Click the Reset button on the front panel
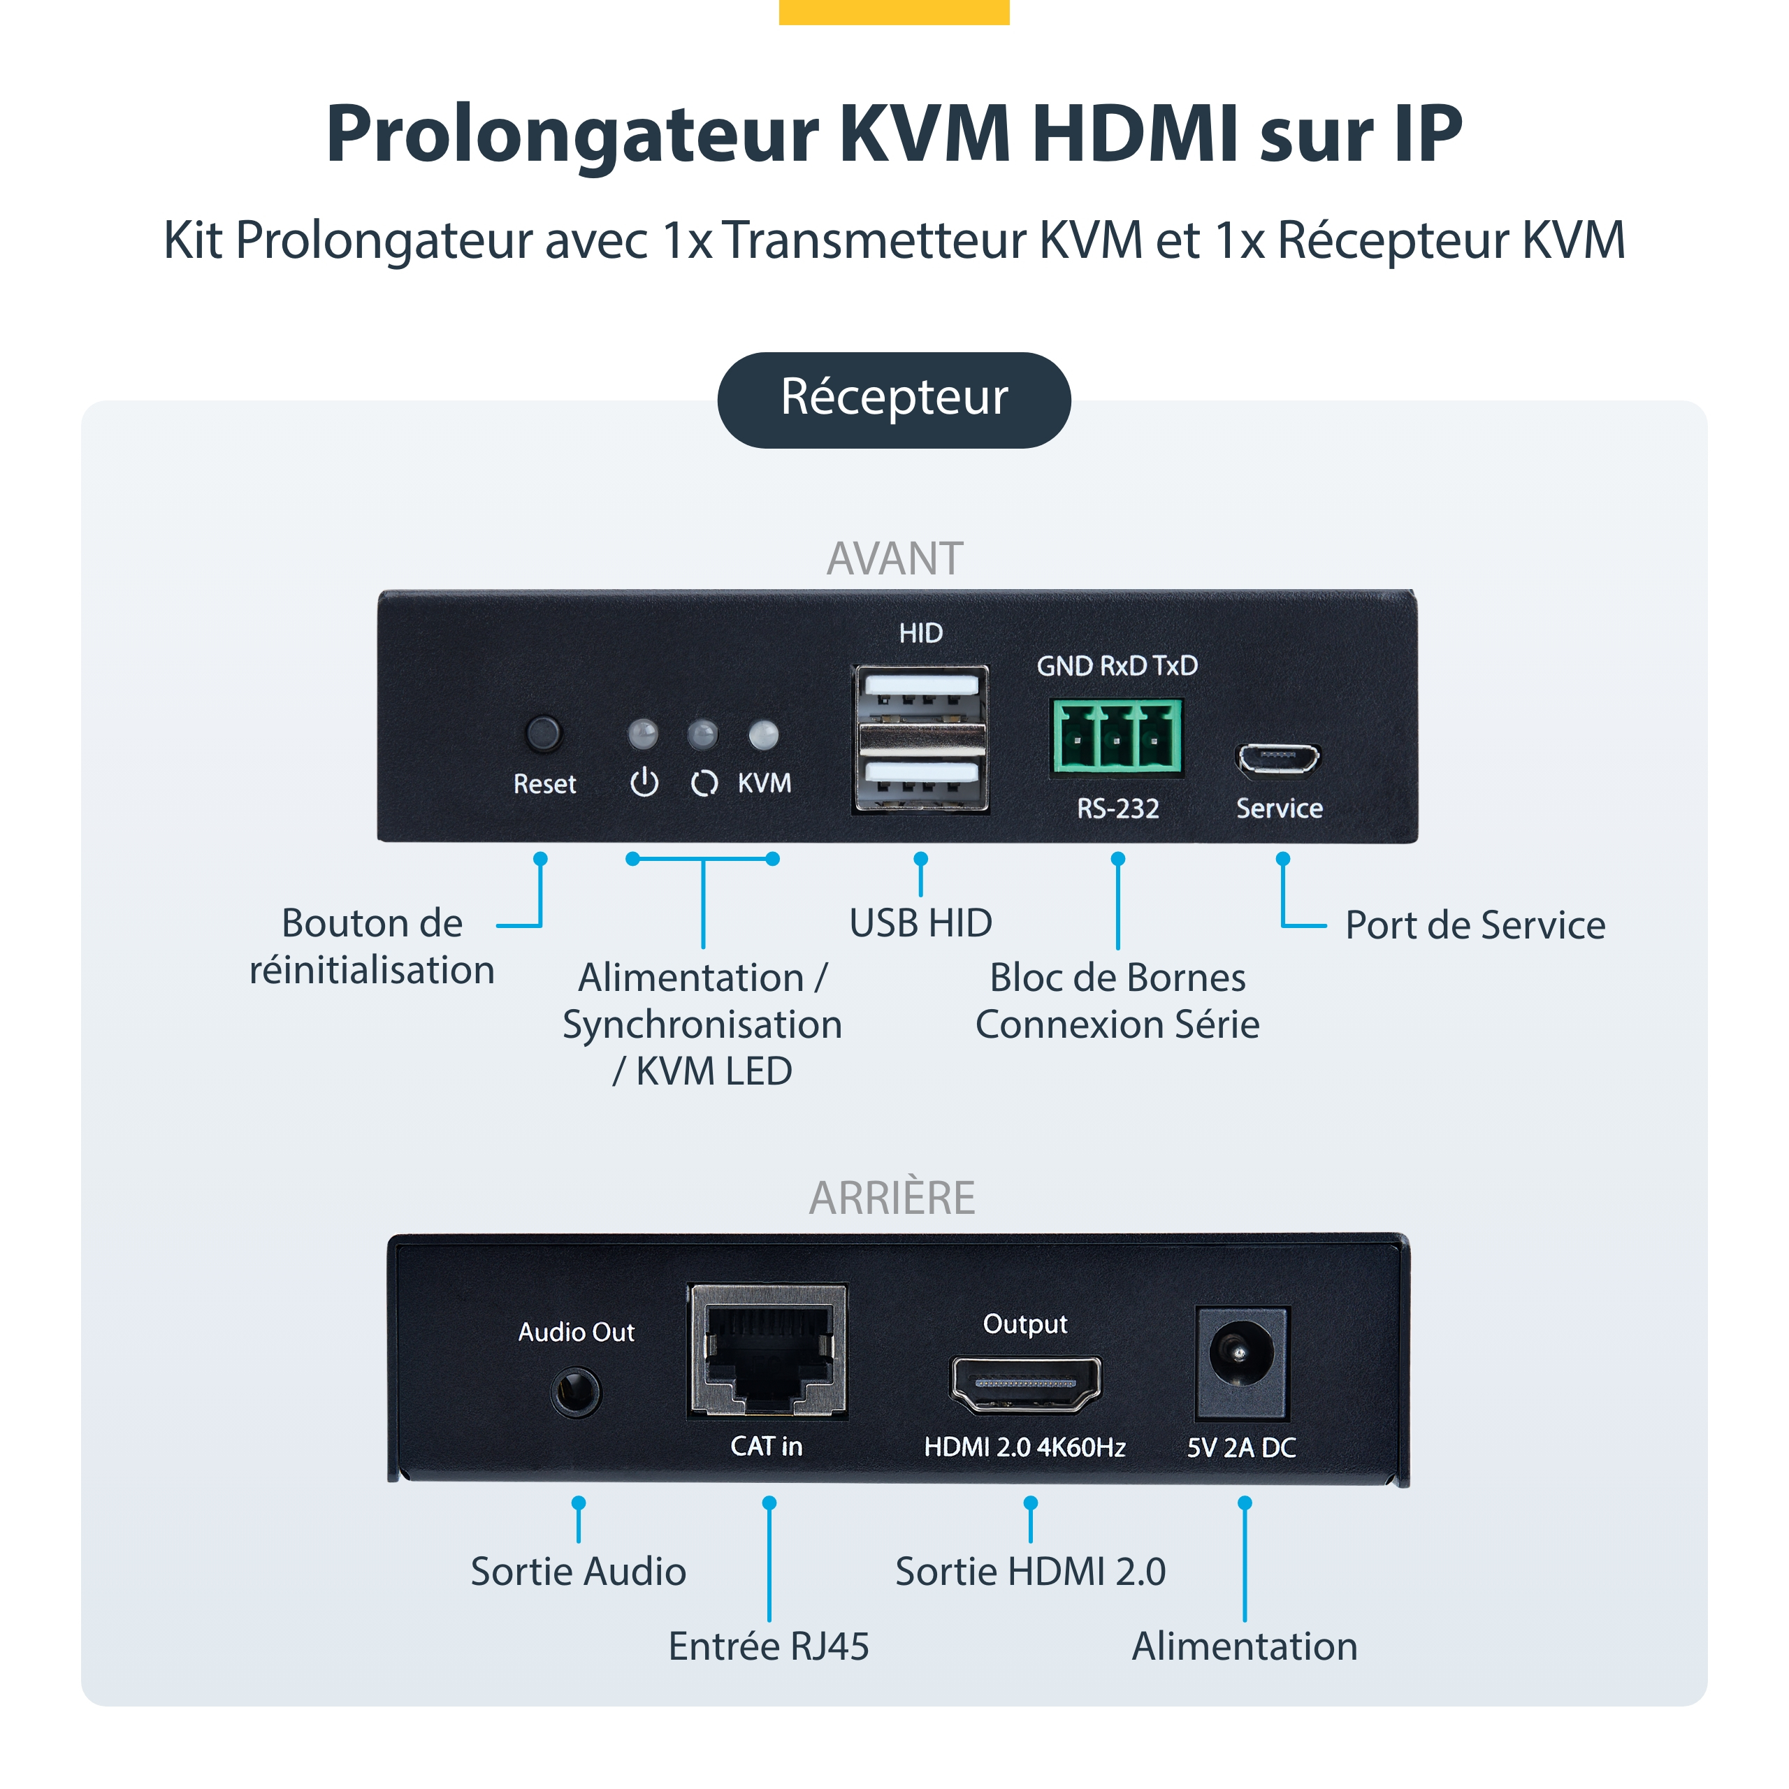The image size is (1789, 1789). (x=544, y=733)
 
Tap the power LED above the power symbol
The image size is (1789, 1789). (x=644, y=735)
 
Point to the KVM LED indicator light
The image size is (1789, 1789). (x=764, y=735)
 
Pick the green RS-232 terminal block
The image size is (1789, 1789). (x=1117, y=736)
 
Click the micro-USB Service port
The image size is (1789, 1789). (x=1278, y=760)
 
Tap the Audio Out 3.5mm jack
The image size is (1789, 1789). (x=576, y=1392)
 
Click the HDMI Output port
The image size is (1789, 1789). (x=1025, y=1384)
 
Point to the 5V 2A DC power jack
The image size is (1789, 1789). (x=1241, y=1362)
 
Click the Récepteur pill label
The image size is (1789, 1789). (x=894, y=399)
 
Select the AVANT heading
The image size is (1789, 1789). (x=894, y=558)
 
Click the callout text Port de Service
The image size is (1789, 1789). (x=1475, y=925)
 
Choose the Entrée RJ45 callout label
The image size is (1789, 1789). (x=769, y=1646)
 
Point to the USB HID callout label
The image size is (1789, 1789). (x=920, y=923)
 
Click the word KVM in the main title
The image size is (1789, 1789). (x=925, y=134)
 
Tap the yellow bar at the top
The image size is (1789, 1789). (x=894, y=11)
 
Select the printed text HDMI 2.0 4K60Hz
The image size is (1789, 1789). (x=1024, y=1447)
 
